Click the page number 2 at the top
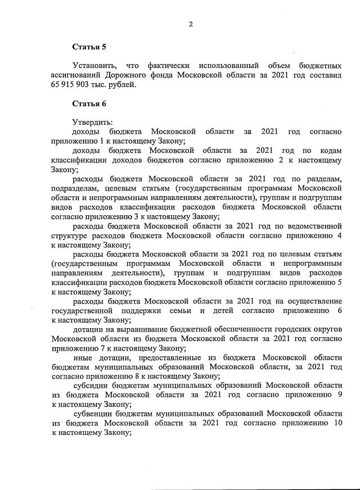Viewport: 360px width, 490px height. click(x=191, y=24)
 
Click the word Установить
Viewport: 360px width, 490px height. click(x=94, y=66)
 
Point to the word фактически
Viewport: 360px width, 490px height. click(x=166, y=66)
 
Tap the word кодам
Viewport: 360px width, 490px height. click(x=330, y=151)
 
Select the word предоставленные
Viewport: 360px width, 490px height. click(x=141, y=357)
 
